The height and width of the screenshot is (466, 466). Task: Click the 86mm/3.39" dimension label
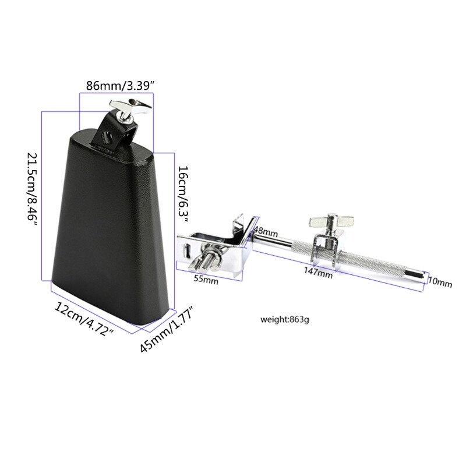click(x=119, y=86)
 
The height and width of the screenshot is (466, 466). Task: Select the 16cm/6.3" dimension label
click(x=183, y=190)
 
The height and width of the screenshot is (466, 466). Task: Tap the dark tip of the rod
click(x=421, y=274)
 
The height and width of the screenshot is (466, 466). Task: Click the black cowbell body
click(x=111, y=221)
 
